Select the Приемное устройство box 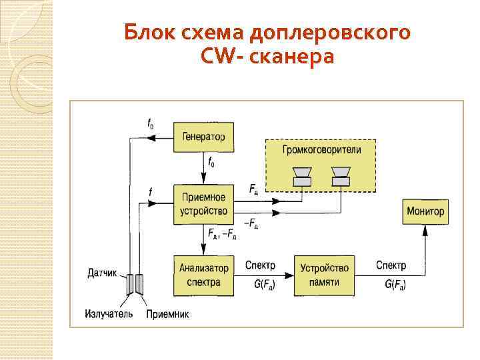[x=203, y=204]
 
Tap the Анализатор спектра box [x=203, y=275]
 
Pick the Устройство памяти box [x=324, y=275]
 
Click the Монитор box [x=425, y=211]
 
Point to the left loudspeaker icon [x=302, y=176]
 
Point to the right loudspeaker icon [x=341, y=176]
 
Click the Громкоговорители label [x=321, y=149]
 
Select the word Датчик [x=102, y=273]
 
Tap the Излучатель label [x=109, y=313]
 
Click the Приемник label [x=168, y=313]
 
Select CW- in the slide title [x=218, y=57]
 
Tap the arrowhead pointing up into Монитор [x=425, y=231]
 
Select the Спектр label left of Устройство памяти [x=260, y=265]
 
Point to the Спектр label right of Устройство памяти [x=391, y=265]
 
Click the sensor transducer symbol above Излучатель [x=133, y=285]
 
